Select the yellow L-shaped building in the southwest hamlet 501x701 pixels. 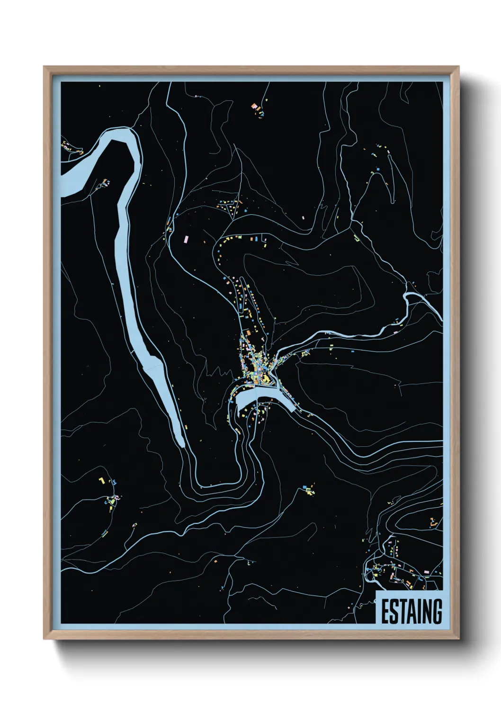[101, 480]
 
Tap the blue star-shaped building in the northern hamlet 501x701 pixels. [246, 209]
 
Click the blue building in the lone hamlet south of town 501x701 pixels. [304, 486]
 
